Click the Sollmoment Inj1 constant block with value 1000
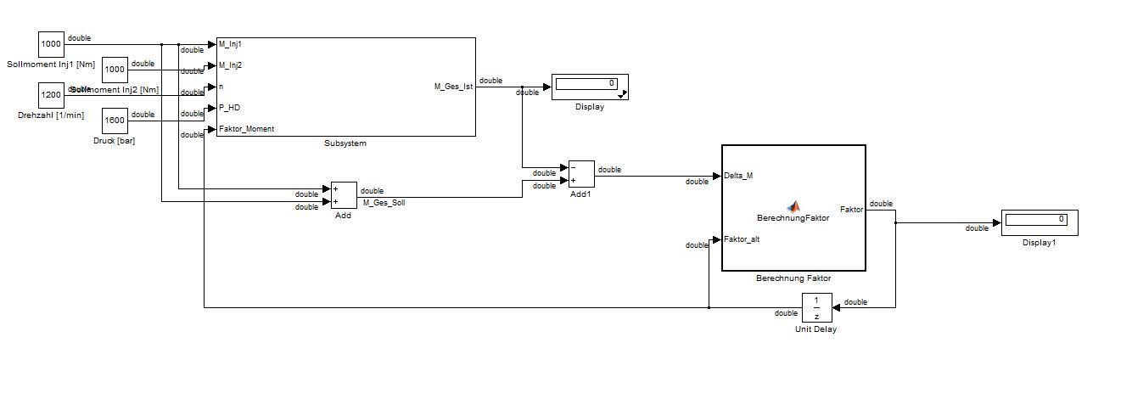(52, 44)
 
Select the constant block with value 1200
(52, 95)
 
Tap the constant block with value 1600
(115, 121)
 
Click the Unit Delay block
(816, 307)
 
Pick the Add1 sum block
(581, 174)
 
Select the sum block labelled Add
(344, 195)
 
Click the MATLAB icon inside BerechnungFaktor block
(793, 206)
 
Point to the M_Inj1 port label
(230, 44)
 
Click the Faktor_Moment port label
(246, 130)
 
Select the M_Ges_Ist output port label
(453, 87)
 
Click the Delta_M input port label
(738, 177)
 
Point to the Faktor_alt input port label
(743, 239)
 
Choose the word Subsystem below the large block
(345, 143)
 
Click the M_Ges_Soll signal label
(384, 203)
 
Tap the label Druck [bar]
(115, 140)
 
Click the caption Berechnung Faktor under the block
(793, 278)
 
